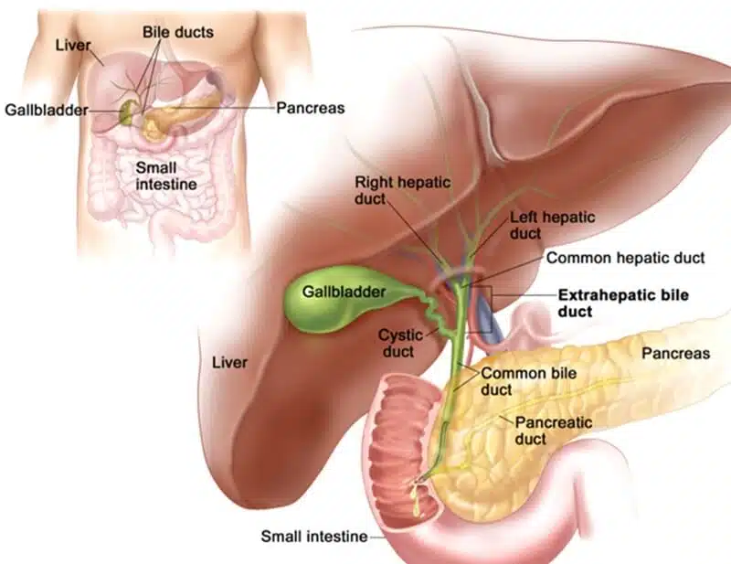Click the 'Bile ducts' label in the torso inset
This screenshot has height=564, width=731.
178,32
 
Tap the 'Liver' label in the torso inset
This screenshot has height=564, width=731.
73,46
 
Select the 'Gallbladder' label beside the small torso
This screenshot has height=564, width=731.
47,110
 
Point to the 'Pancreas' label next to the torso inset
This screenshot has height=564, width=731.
311,108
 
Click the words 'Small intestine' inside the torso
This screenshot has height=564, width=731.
166,176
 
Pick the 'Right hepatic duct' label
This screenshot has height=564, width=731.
402,190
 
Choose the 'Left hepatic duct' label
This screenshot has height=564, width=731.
553,225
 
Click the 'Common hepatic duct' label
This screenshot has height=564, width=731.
626,258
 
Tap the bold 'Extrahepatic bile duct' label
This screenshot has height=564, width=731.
623,303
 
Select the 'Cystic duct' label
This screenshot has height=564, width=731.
400,343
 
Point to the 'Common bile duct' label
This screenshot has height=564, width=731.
529,381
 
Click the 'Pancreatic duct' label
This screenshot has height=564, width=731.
554,431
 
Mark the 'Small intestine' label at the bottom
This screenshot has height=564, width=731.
314,537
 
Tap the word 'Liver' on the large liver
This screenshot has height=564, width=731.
229,363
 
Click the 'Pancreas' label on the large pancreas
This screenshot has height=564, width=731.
675,353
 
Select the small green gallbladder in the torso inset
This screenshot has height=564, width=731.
127,111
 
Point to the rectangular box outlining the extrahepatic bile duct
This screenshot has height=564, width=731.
492,309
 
